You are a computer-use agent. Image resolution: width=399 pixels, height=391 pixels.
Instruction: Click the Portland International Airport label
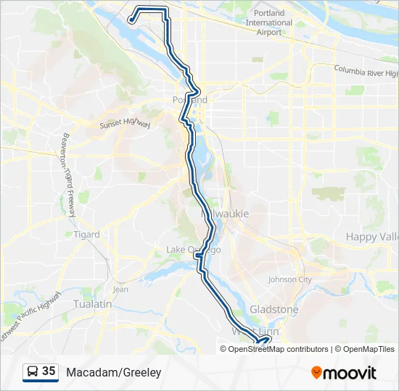tap(268, 22)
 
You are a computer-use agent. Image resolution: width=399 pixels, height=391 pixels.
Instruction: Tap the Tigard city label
tap(86, 235)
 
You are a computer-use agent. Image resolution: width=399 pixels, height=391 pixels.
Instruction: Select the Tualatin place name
tap(93, 304)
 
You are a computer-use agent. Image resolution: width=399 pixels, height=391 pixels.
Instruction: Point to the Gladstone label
tap(273, 309)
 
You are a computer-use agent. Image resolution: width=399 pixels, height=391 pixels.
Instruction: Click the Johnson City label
tap(289, 279)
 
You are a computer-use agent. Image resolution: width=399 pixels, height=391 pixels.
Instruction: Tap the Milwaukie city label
tap(225, 214)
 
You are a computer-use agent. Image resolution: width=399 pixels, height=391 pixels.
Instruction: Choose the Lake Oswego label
tap(192, 250)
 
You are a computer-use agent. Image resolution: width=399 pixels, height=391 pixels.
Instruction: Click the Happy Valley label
tap(372, 237)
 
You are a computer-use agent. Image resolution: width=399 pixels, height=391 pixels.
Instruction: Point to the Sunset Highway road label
tap(124, 125)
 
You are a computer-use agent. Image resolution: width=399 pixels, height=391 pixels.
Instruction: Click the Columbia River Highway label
tap(366, 72)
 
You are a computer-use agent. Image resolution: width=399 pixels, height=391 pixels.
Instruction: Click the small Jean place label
tap(120, 289)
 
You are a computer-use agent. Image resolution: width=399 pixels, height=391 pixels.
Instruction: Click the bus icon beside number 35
tap(32, 372)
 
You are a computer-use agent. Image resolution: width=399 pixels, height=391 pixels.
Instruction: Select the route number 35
tap(49, 371)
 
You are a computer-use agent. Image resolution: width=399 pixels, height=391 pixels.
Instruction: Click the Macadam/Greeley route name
tap(114, 372)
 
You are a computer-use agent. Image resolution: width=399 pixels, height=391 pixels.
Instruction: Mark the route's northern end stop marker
tap(131, 20)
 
